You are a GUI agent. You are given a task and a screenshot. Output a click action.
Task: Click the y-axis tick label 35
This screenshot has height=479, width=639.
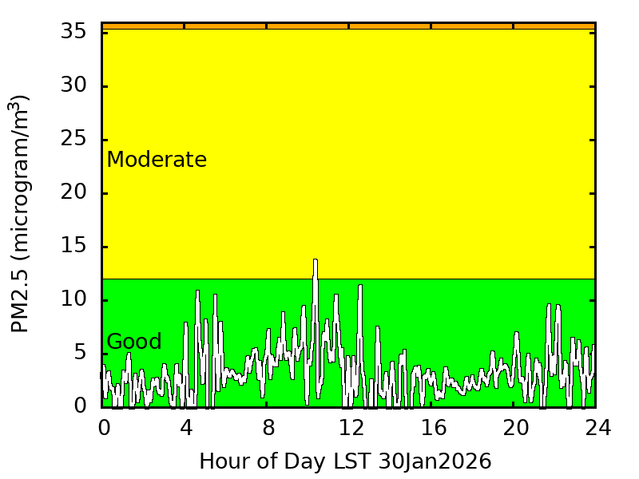click(x=74, y=33)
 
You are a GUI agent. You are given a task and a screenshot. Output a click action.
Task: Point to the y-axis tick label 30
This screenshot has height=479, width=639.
click(x=74, y=86)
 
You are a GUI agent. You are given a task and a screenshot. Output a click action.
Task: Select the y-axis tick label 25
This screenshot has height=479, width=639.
click(x=74, y=140)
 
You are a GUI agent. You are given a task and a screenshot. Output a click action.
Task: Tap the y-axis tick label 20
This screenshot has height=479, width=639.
click(x=74, y=193)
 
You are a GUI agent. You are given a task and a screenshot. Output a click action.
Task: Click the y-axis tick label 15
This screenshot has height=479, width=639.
click(x=74, y=247)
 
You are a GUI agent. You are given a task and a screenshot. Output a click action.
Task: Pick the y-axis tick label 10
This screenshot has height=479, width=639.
click(x=74, y=300)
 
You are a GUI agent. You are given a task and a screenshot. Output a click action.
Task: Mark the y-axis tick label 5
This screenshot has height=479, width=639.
click(x=81, y=354)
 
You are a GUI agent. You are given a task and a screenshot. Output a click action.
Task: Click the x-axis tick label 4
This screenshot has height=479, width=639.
click(x=186, y=429)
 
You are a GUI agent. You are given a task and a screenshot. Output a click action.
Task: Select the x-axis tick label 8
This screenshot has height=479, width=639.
click(x=268, y=429)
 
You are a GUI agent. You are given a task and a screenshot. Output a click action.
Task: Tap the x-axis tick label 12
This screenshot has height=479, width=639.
click(x=351, y=429)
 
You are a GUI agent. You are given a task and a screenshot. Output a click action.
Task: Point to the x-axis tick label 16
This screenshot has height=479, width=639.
click(x=433, y=429)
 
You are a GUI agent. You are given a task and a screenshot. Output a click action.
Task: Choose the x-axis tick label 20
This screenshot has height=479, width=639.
click(x=515, y=429)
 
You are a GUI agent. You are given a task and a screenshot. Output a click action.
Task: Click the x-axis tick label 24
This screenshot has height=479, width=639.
click(x=597, y=429)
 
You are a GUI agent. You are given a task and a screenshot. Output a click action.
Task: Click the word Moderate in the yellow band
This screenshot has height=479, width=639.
click(x=157, y=160)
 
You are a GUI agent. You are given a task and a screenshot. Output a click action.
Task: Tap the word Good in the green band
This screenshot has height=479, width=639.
click(x=134, y=342)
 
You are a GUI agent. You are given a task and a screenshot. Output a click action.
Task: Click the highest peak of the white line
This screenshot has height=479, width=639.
click(x=316, y=260)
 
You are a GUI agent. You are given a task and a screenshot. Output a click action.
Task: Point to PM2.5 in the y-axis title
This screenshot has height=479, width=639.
click(x=21, y=297)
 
